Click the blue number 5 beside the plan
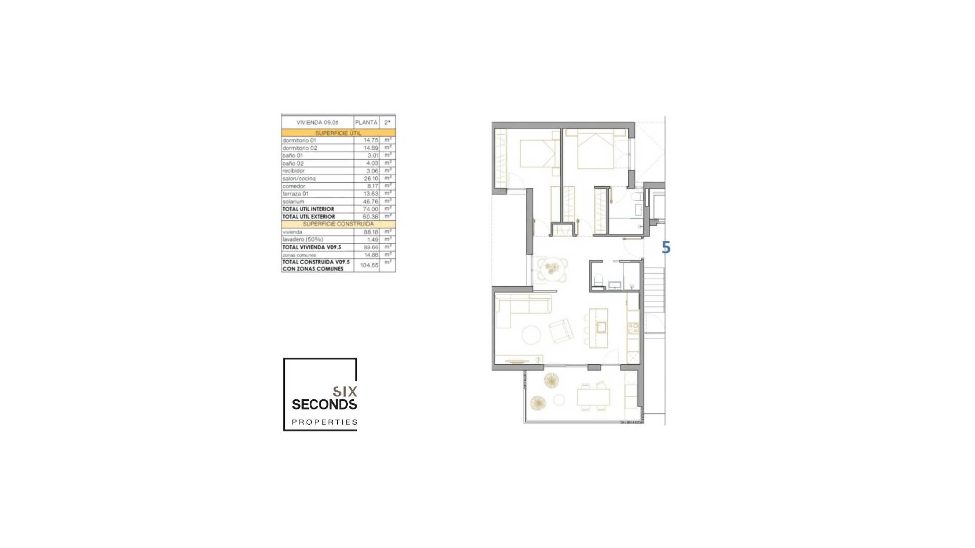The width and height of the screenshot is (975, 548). pos(666,248)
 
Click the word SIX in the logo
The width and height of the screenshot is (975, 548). pos(345,391)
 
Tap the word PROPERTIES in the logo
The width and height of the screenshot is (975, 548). pos(324,422)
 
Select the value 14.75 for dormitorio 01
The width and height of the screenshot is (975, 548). pos(371,140)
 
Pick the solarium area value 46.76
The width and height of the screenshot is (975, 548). pos(370,201)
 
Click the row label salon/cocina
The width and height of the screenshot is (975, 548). pos(299,179)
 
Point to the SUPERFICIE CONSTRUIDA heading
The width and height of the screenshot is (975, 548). pos(338,224)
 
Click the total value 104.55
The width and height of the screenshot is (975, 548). pos(369,265)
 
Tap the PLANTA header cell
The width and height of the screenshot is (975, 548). pos(366,122)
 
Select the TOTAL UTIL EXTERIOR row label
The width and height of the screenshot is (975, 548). pos(309,217)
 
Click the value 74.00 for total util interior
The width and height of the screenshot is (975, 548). pos(371,209)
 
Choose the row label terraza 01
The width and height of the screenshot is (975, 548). pos(296,194)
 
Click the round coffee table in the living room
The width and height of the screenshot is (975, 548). pos(531,335)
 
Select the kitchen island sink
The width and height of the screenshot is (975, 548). pos(601,327)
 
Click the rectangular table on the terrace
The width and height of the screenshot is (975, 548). pos(593,396)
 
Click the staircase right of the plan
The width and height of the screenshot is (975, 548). pos(654,289)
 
